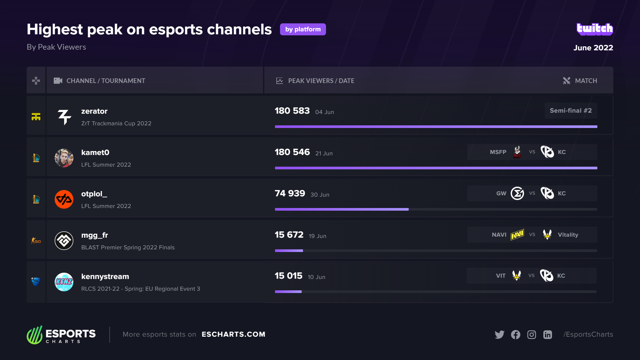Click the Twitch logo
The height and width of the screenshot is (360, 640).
[x=595, y=29]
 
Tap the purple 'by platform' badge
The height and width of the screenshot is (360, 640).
[x=303, y=29]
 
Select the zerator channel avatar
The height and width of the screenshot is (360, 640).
[x=64, y=117]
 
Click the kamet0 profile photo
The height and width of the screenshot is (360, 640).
[x=64, y=158]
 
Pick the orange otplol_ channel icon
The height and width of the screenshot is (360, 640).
[x=64, y=199]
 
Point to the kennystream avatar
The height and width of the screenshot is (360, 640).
[x=64, y=282]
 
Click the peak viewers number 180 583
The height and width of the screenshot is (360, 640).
[x=292, y=111]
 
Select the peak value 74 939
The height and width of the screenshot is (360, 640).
[x=290, y=193]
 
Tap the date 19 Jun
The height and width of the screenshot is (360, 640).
[x=317, y=236]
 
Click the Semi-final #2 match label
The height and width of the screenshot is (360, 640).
[x=571, y=111]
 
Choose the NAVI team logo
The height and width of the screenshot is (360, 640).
[x=517, y=235]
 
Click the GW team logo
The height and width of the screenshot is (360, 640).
[x=517, y=193]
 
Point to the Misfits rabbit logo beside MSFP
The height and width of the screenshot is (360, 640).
[x=517, y=152]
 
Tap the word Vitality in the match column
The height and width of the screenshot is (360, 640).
[x=568, y=235]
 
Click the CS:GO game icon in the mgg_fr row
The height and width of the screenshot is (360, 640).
[x=36, y=241]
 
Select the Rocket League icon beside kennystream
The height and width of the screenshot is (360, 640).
[x=36, y=282]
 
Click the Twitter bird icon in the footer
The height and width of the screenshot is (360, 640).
[x=499, y=334]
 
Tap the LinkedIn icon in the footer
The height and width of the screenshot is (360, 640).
[x=548, y=334]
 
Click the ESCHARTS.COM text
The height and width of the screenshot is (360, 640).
[x=233, y=334]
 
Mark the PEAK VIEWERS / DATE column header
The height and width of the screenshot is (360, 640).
[x=321, y=81]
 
